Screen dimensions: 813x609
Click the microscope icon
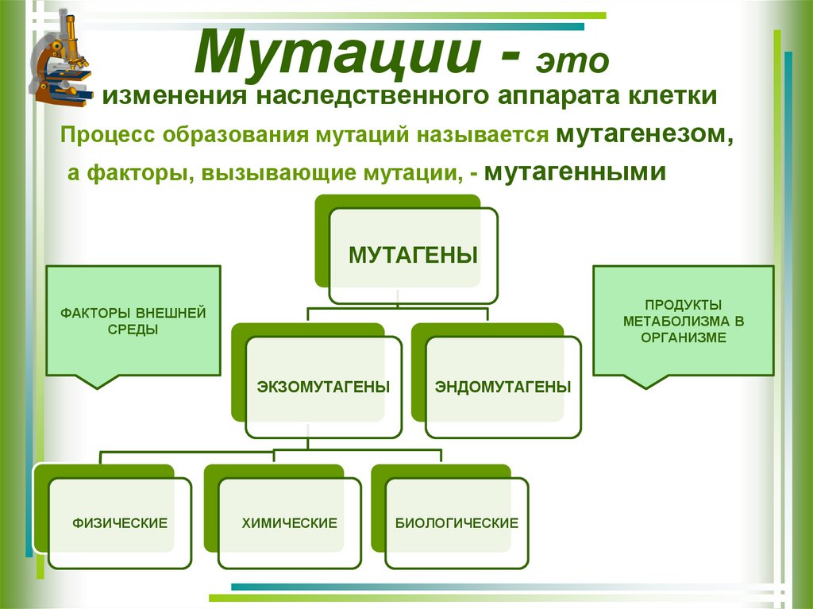[x=62, y=60]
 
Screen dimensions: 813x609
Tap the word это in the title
[x=574, y=62]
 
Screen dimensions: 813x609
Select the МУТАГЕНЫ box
[x=413, y=256]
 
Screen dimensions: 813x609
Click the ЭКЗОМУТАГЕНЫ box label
[x=323, y=387]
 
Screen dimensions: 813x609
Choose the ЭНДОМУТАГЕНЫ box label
[x=503, y=387]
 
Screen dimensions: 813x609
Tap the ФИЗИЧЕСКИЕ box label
[x=120, y=523]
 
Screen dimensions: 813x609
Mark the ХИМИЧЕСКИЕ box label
[x=289, y=523]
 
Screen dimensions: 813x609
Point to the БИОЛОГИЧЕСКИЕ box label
[x=457, y=523]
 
